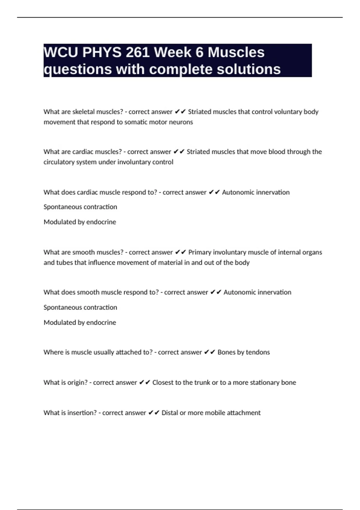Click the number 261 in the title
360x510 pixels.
click(138, 52)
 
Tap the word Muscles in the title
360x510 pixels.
click(236, 52)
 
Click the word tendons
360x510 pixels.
click(258, 352)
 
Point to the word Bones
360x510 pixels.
click(226, 352)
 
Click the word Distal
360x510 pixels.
click(169, 413)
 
